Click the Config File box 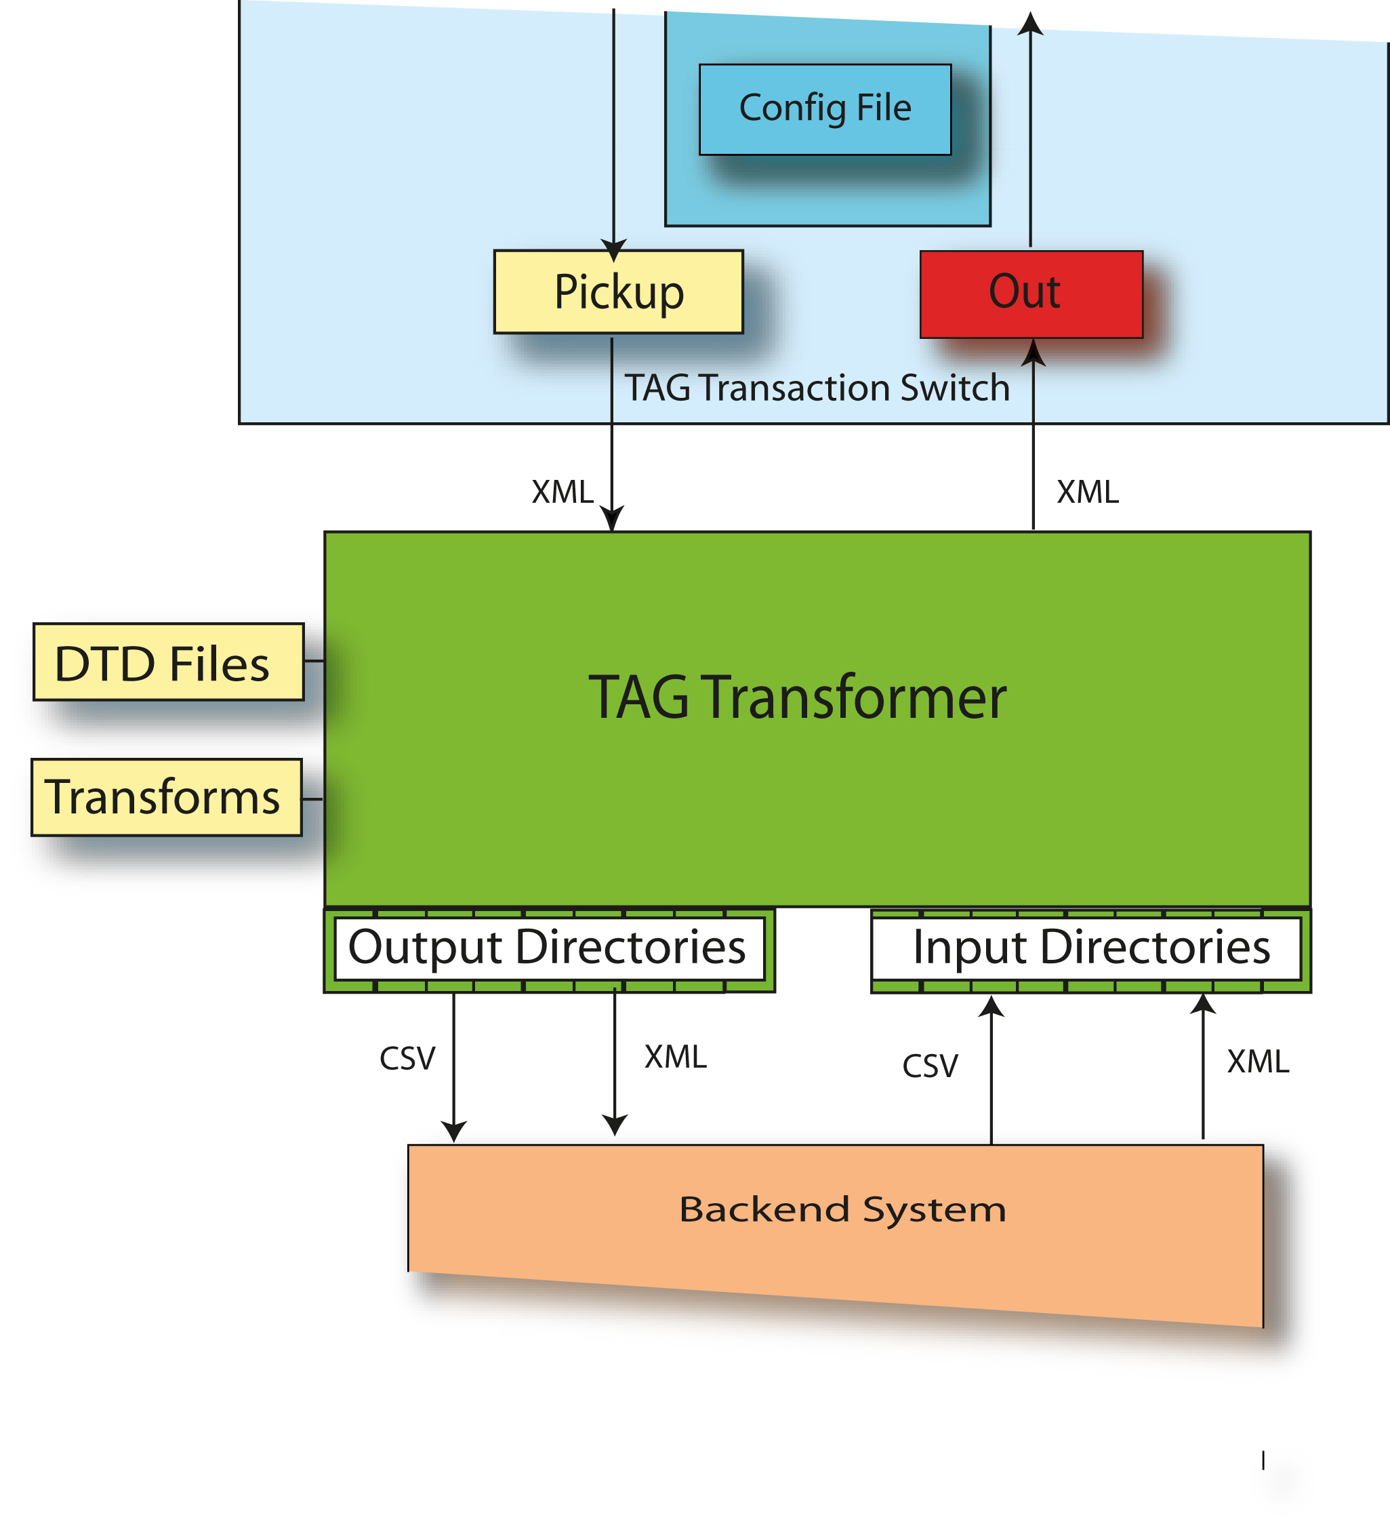pos(825,110)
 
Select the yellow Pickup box pos(618,292)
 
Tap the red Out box pos(1031,294)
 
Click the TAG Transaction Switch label pos(817,388)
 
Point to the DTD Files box pos(168,662)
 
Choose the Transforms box pos(166,797)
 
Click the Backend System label pos(842,1210)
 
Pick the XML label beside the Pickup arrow pos(563,492)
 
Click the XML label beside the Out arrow pos(1087,492)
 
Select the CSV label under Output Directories pos(407,1058)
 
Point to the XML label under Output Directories pos(676,1057)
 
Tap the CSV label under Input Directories pos(930,1066)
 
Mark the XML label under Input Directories pos(1258,1062)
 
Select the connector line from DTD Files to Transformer pos(314,661)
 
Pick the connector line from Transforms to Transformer pos(312,799)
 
